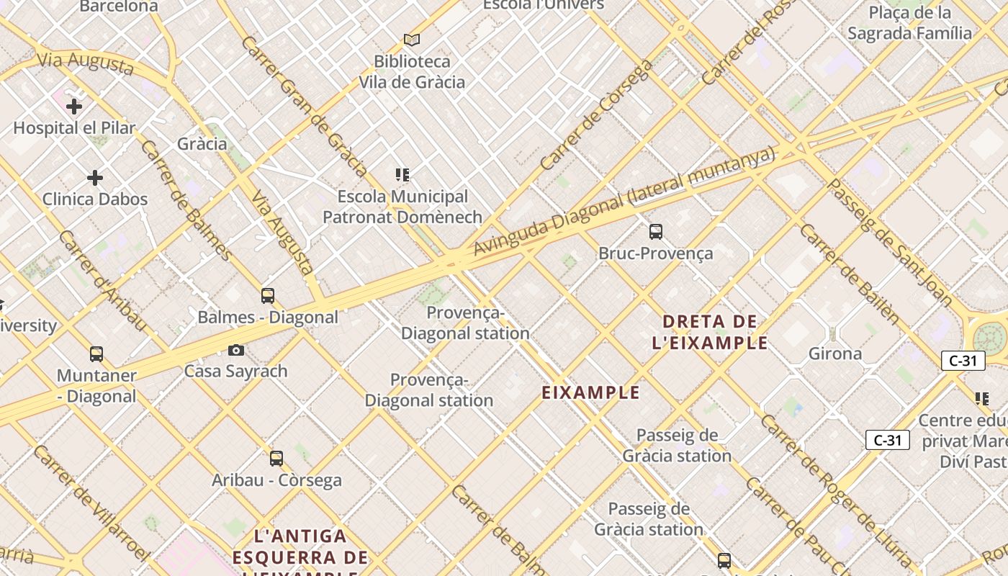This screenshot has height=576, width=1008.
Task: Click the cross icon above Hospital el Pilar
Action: point(73,107)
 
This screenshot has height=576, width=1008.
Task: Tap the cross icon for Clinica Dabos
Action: point(94,178)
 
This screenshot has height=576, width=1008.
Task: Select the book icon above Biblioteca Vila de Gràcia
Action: point(412,40)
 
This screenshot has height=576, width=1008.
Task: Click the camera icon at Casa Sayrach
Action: point(235,351)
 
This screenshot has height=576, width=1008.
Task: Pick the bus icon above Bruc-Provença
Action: point(655,232)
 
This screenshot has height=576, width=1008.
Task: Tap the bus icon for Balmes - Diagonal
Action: point(268,296)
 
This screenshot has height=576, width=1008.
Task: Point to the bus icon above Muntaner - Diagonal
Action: point(96,354)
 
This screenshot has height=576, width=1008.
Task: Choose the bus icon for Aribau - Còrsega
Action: point(276,459)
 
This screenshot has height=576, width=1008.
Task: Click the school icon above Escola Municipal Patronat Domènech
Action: point(402,175)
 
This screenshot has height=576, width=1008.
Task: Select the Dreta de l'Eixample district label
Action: point(709,332)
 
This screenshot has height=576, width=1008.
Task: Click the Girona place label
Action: point(835,354)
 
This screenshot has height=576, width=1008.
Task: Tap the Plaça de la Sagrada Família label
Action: point(909,23)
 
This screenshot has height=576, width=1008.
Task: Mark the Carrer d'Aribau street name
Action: point(102,280)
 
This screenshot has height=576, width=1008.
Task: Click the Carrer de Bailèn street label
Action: point(850,274)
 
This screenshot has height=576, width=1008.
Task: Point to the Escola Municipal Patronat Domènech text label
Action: point(402,207)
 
